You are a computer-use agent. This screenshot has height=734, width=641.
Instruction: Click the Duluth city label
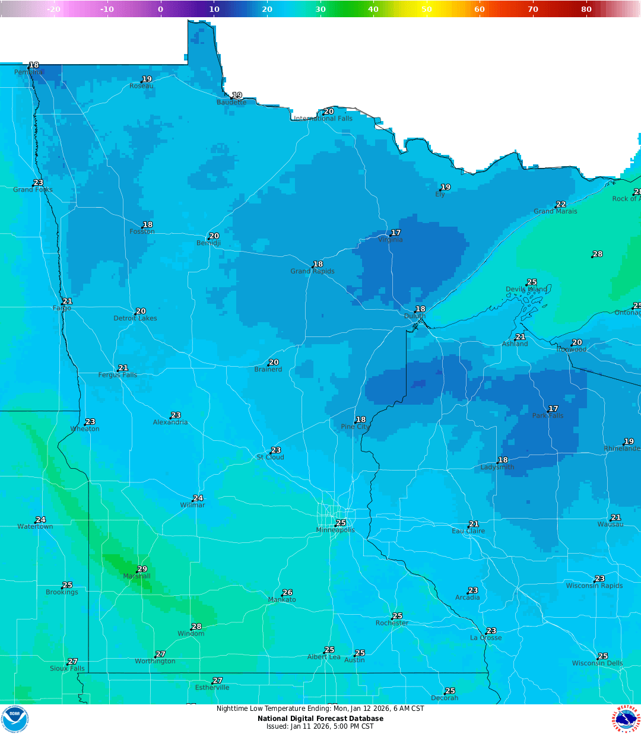click(415, 316)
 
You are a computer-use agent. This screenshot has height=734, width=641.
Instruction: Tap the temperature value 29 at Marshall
click(142, 569)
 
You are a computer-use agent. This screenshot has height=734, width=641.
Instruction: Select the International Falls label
click(323, 119)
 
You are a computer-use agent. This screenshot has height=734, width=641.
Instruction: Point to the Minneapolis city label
click(335, 530)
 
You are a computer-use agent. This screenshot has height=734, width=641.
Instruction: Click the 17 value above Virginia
click(396, 233)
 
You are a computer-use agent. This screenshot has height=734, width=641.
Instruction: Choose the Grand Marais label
click(555, 211)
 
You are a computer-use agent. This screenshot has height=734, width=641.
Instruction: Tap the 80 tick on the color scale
click(586, 9)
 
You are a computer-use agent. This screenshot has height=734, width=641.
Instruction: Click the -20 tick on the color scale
click(53, 9)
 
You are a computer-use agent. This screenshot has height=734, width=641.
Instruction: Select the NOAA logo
click(14, 719)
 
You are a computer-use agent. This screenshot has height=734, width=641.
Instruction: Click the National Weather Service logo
click(626, 719)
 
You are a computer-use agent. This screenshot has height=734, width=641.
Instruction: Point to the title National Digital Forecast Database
click(320, 719)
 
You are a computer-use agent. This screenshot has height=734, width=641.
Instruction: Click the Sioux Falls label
click(67, 668)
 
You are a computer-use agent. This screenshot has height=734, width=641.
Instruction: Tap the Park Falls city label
click(547, 415)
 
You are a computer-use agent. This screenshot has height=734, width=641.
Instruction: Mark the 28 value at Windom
click(196, 627)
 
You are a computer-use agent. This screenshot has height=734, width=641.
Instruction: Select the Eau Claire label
click(468, 531)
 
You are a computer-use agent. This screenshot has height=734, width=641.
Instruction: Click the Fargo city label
click(62, 308)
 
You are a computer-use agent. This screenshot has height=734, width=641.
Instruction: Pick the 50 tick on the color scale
click(427, 9)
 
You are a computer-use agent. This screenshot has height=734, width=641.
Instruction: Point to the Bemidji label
click(208, 243)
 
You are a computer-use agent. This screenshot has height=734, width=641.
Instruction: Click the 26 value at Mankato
click(288, 592)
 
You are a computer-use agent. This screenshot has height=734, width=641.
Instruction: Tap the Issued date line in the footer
click(320, 726)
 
